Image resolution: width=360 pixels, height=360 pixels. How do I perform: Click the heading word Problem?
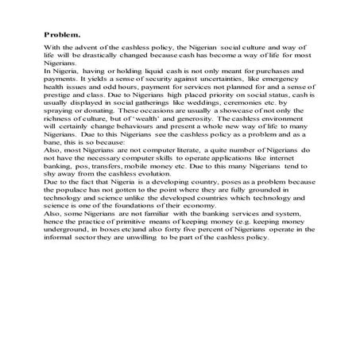point(62,35)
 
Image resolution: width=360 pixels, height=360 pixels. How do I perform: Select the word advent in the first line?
point(95,49)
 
